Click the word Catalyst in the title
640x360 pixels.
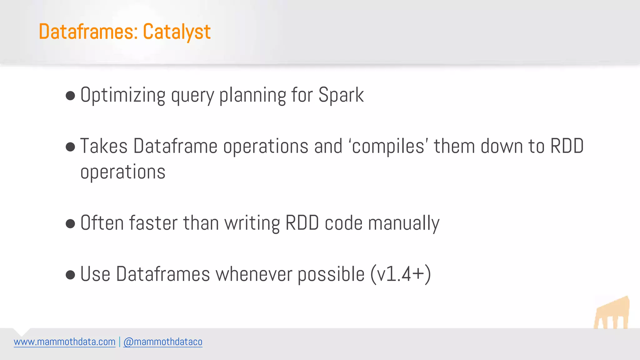[177, 32]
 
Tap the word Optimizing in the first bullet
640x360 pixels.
[123, 95]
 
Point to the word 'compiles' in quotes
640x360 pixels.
[388, 146]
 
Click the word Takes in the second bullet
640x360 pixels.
[104, 146]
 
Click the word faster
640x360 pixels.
[153, 223]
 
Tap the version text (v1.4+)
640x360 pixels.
[401, 274]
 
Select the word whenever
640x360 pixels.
[253, 274]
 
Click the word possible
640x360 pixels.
[331, 274]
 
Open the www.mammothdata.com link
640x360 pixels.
[65, 342]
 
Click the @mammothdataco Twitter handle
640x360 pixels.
[163, 342]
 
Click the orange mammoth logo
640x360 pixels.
[612, 313]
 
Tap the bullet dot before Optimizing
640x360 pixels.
[71, 96]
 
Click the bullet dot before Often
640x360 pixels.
[71, 224]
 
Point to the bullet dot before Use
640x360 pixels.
[71, 275]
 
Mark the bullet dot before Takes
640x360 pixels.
[71, 147]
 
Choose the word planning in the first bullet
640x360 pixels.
[252, 95]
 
